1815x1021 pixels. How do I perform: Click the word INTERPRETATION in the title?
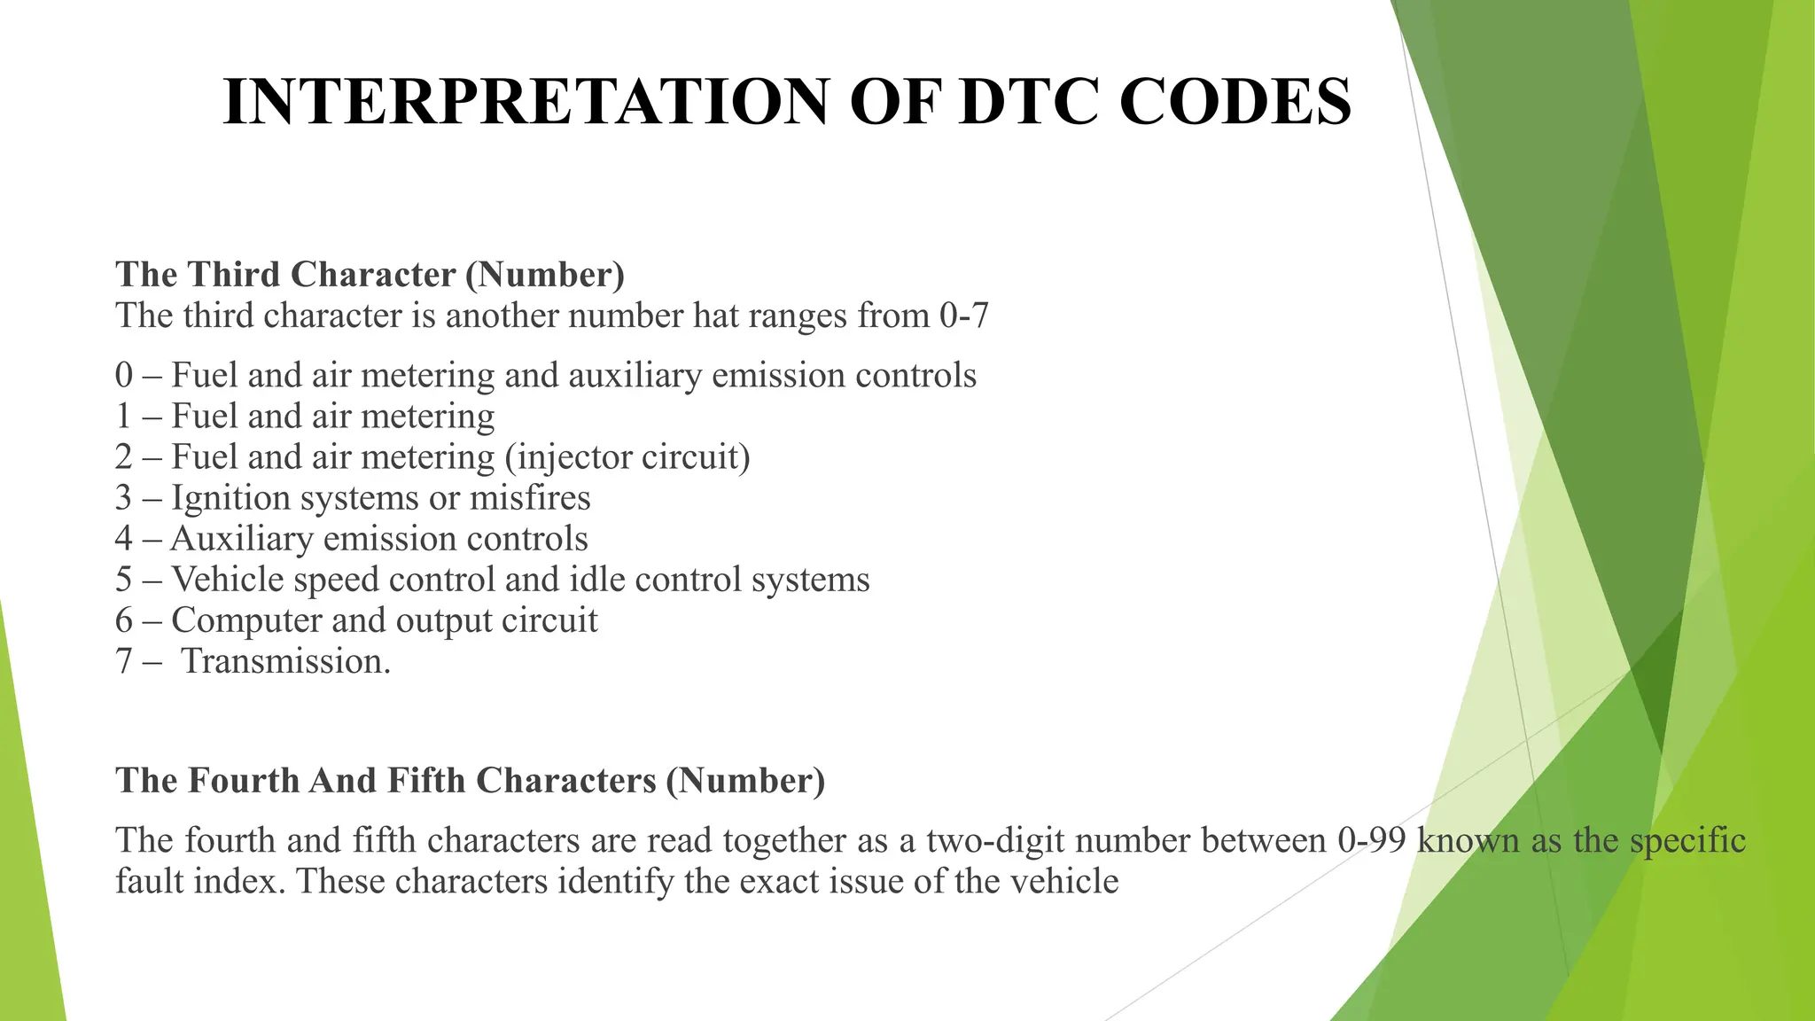click(525, 102)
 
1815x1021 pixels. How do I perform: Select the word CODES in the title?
click(1235, 102)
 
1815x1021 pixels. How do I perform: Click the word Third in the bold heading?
click(234, 275)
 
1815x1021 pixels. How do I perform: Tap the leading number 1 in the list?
click(123, 417)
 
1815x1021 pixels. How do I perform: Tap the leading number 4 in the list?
click(123, 539)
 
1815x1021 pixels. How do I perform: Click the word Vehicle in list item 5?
click(227, 580)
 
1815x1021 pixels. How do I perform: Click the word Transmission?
click(285, 662)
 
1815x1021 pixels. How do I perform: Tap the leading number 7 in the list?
click(123, 662)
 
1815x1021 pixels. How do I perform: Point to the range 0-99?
click(1372, 840)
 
